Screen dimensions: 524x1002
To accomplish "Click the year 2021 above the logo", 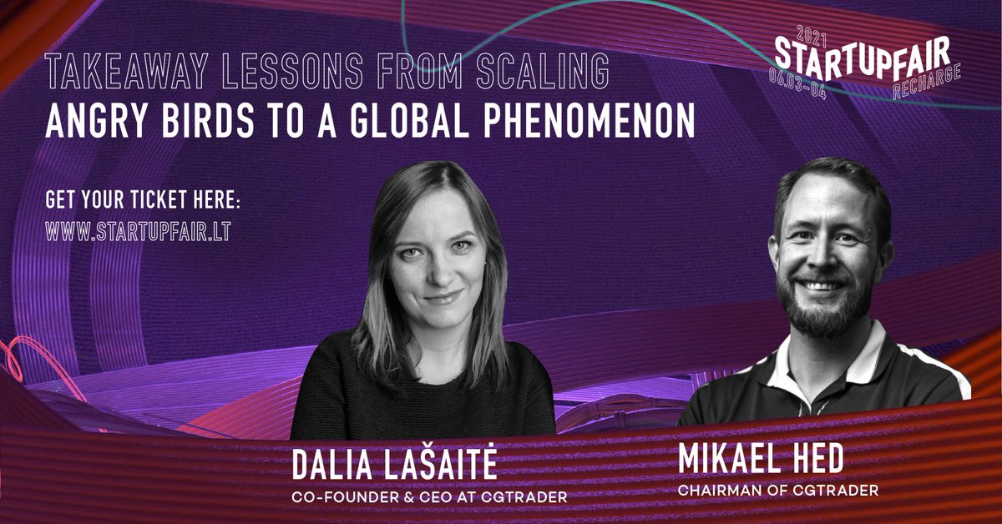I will tap(807, 33).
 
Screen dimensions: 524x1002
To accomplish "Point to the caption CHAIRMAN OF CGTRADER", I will tap(777, 491).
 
